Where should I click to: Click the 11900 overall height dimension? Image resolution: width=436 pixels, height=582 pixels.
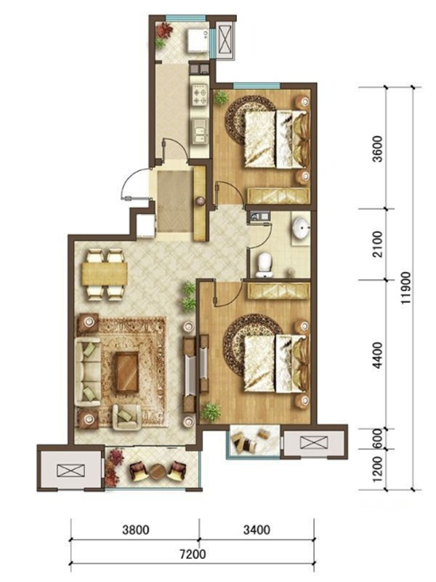tap(406, 287)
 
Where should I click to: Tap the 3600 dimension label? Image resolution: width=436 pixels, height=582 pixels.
tap(378, 149)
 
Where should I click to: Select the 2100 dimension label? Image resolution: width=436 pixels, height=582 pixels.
tap(378, 244)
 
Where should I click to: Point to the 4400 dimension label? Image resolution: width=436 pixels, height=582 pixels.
tap(378, 355)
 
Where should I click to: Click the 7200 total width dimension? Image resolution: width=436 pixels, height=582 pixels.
tap(193, 554)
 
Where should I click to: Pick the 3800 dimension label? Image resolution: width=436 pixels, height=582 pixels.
tap(136, 530)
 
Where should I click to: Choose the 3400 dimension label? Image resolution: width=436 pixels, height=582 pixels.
tap(257, 530)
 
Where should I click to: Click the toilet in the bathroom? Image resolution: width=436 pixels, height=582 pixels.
tap(265, 265)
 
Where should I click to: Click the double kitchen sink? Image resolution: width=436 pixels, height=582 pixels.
tap(199, 131)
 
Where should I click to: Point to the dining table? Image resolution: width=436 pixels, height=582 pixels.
tap(105, 274)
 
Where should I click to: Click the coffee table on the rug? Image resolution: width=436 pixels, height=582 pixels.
tap(126, 372)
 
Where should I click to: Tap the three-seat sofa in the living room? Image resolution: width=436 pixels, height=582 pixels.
tap(88, 372)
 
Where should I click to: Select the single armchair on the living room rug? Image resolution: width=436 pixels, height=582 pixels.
tap(126, 417)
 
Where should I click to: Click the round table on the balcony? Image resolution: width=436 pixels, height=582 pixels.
tap(158, 471)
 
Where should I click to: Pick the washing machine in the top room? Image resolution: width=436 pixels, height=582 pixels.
tap(198, 41)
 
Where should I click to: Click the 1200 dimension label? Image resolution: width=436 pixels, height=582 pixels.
tap(378, 469)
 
